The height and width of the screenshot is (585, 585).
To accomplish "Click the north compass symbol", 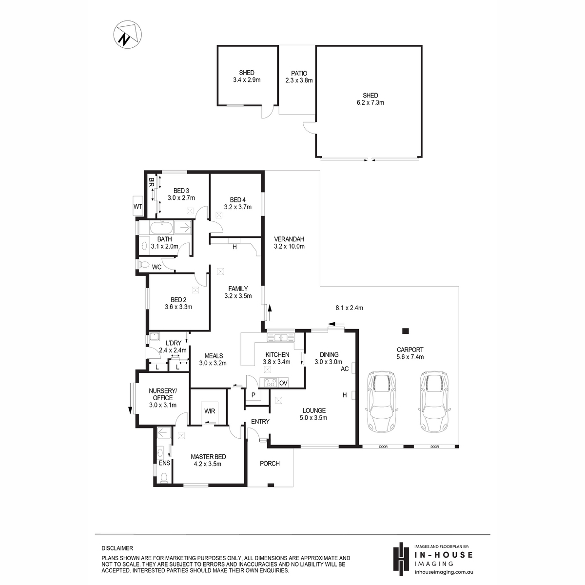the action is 128,34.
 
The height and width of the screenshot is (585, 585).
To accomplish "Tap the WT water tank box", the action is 138,206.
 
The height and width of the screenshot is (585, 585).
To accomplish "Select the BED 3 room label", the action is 181,191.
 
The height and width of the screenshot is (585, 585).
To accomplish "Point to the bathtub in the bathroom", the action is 161,227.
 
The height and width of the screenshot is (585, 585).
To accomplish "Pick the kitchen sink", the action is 281,337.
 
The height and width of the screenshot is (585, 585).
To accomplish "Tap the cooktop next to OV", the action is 270,383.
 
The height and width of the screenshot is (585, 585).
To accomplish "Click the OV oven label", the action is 283,383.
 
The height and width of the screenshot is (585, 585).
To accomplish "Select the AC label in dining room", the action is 345,369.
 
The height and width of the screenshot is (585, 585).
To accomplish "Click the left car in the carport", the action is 382,401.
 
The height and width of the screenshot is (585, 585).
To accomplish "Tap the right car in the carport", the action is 434,401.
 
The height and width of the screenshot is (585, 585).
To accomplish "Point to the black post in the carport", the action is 405,331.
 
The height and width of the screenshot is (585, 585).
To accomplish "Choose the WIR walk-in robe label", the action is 210,411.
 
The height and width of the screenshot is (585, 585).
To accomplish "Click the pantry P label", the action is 253,395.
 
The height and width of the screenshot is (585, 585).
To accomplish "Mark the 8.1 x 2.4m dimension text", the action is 349,308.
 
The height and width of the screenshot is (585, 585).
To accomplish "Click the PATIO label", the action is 299,74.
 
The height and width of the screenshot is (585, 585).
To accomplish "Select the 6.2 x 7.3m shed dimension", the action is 370,102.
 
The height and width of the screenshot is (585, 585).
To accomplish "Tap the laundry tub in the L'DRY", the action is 155,337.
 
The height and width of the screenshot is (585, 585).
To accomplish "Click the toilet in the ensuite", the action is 164,478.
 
